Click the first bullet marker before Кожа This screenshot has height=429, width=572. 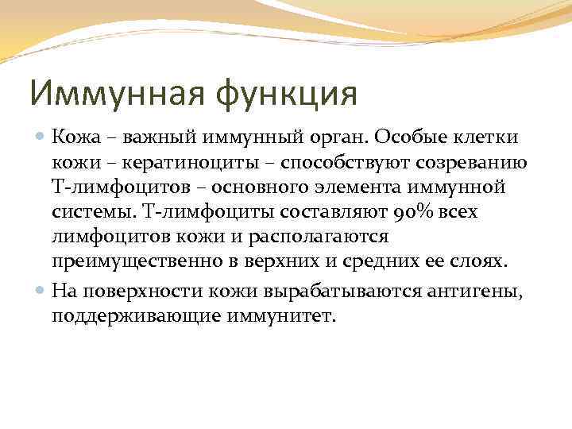click(41, 137)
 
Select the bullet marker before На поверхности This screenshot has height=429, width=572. click(41, 292)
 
